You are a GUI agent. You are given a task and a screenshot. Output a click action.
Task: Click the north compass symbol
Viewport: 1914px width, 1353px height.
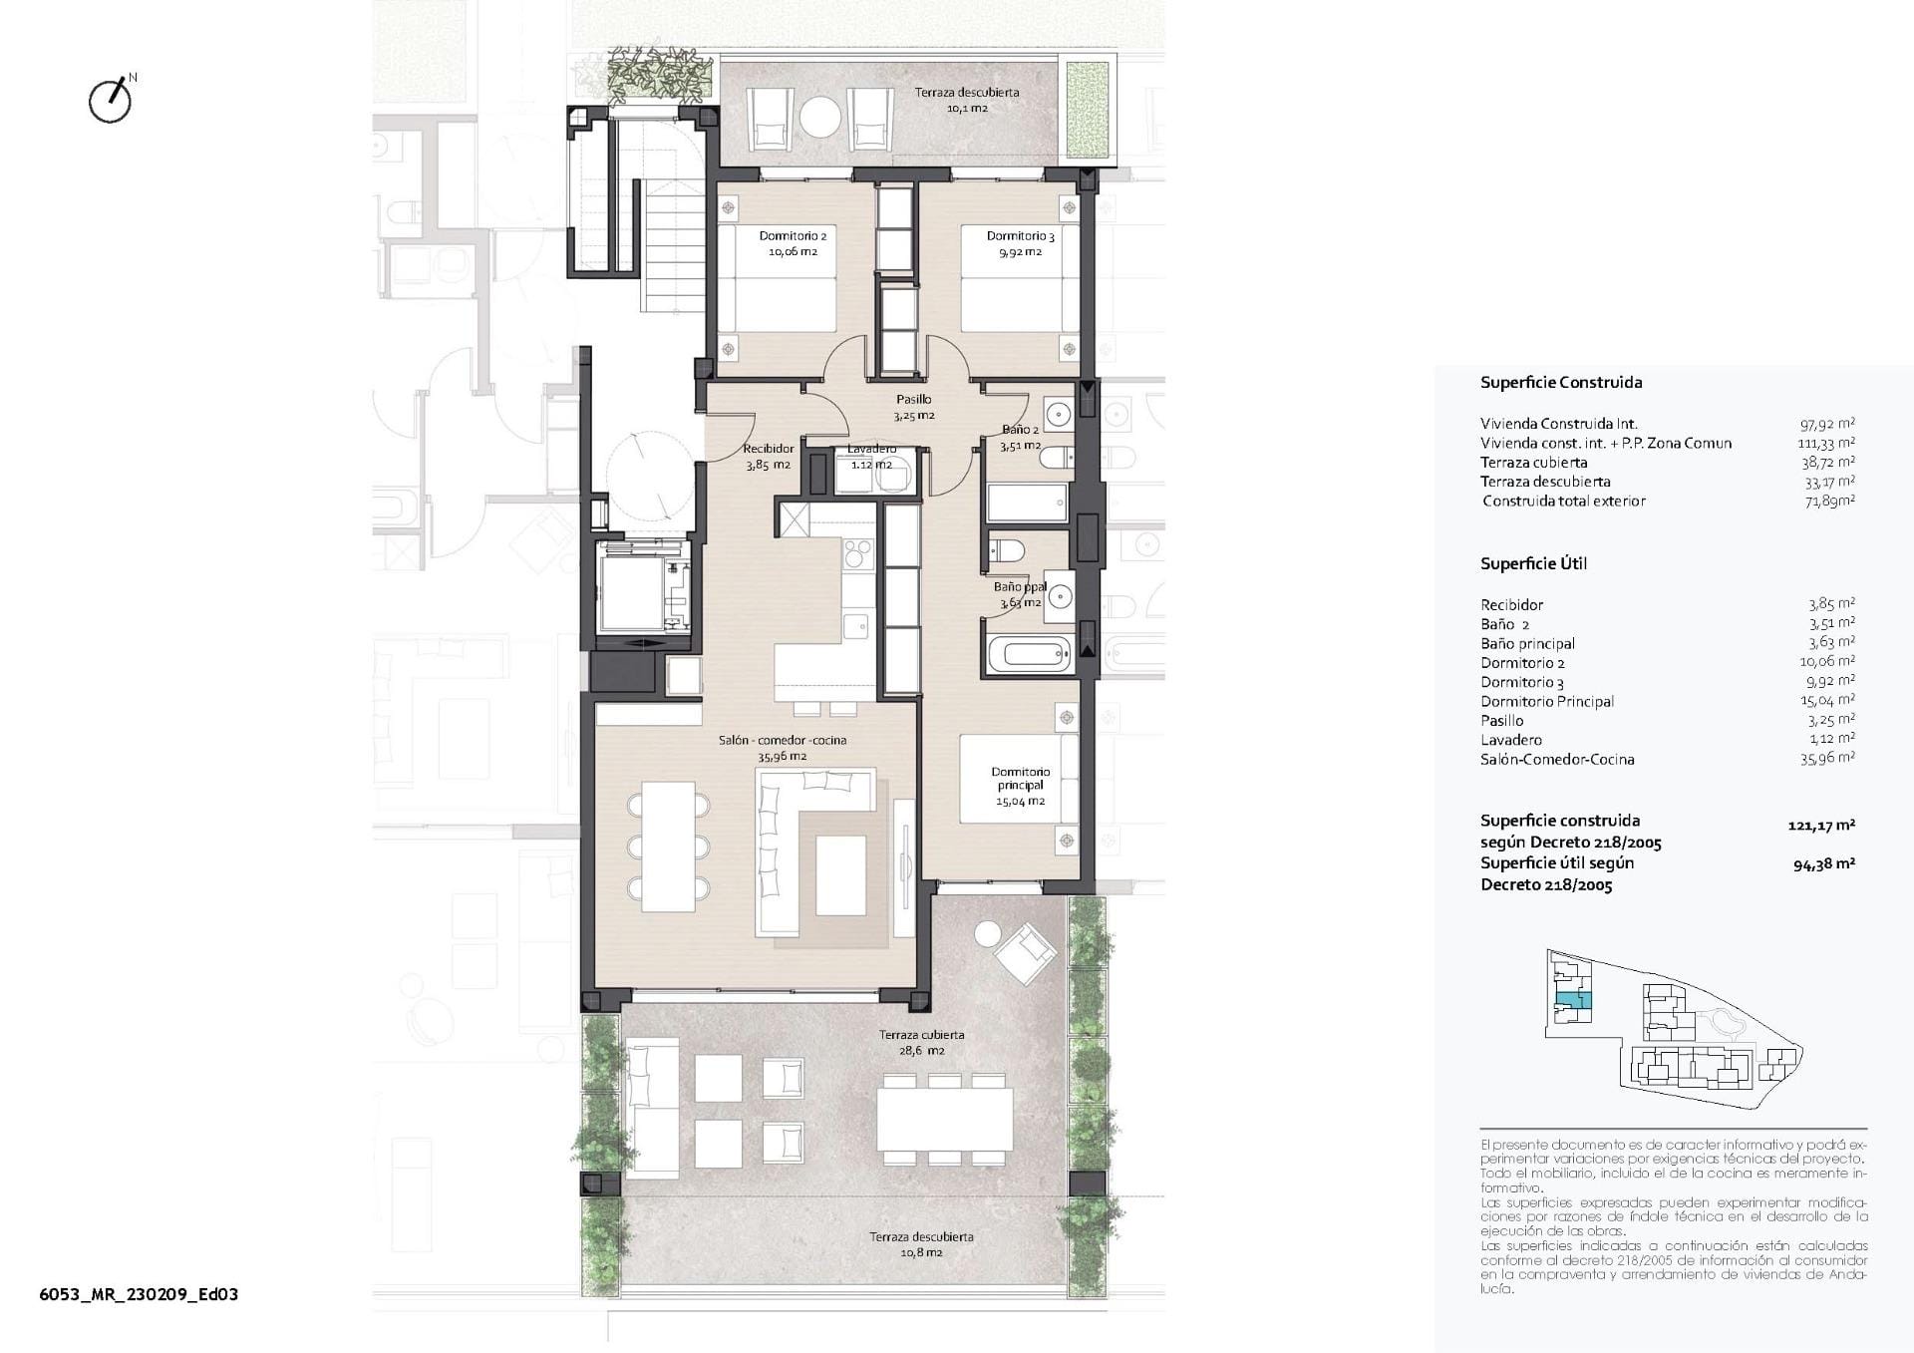point(111,100)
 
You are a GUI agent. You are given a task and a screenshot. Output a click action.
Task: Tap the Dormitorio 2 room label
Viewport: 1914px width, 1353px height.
point(793,243)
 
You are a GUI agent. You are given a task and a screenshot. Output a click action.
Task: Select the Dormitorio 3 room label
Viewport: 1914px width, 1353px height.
point(1020,243)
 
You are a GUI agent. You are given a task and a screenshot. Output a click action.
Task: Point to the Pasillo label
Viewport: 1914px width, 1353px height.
point(913,407)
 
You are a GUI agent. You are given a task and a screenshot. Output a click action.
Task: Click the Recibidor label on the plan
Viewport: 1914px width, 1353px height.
point(768,457)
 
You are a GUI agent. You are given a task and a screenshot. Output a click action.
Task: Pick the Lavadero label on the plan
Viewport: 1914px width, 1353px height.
point(871,456)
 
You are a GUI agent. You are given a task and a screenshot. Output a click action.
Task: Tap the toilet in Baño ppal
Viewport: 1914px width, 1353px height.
point(1006,549)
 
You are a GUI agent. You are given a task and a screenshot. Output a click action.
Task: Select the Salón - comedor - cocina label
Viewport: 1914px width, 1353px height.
point(783,748)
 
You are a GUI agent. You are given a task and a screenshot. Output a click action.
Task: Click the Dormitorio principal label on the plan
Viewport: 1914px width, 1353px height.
point(1020,786)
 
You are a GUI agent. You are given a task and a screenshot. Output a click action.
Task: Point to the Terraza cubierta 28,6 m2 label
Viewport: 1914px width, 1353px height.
point(920,1042)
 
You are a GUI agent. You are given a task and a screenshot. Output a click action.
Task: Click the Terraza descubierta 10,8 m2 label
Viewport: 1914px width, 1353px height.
point(920,1244)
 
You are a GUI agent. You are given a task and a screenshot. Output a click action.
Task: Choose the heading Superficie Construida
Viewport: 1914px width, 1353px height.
point(1560,382)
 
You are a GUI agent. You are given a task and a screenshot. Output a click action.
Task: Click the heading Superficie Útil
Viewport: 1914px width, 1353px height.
point(1533,563)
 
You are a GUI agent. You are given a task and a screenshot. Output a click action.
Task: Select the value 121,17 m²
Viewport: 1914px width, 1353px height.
point(1821,825)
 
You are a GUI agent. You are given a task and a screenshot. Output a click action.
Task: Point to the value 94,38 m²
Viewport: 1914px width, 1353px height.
point(1823,864)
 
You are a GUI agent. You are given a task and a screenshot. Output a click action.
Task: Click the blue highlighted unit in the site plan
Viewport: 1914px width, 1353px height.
point(1573,1000)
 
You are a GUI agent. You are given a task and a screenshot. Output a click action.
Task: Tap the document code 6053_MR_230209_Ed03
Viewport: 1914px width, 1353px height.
point(139,1294)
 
